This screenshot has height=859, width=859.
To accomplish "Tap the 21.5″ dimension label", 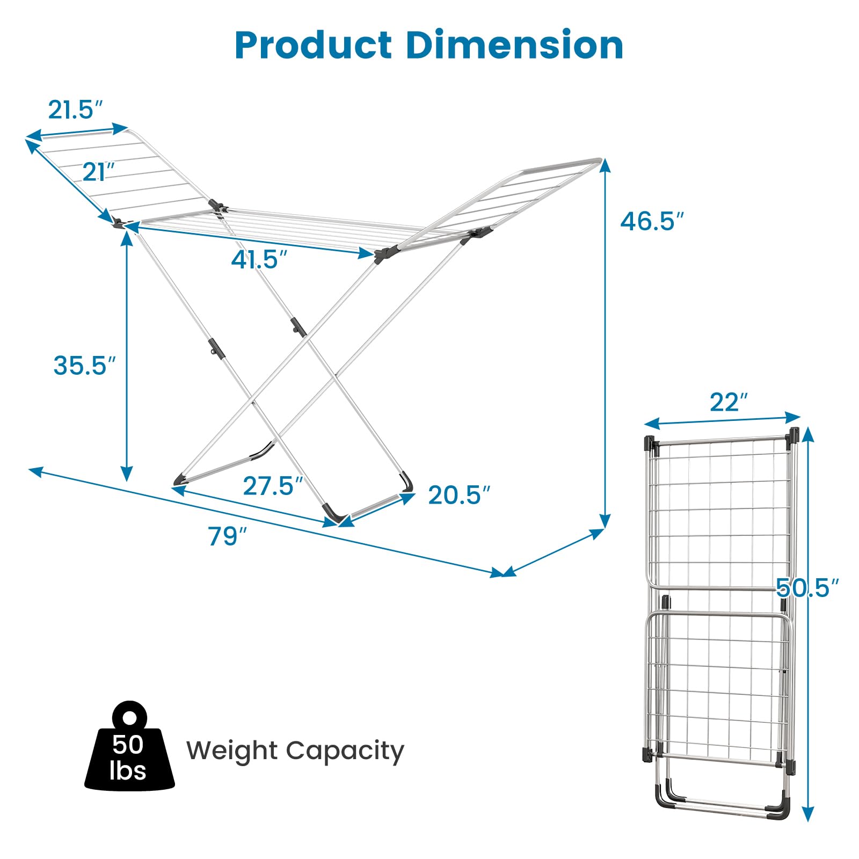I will [x=75, y=110].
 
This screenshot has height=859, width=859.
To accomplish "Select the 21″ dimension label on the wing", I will [x=98, y=172].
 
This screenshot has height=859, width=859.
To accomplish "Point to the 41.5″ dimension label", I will [x=259, y=260].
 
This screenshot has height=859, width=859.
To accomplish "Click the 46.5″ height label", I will [x=652, y=221].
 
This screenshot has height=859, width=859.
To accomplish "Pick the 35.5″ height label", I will [x=84, y=366].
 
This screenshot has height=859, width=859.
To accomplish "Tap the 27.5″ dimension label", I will [x=273, y=486].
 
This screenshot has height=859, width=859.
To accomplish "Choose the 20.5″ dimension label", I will [x=459, y=495].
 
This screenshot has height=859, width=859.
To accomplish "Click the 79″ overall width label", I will [x=227, y=536].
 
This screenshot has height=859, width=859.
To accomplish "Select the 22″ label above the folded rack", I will [x=729, y=403].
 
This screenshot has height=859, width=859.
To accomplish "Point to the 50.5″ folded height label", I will [x=807, y=588].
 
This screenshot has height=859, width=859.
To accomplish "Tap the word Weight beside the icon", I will [x=232, y=751].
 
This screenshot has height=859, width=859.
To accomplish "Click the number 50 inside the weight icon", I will [x=128, y=745].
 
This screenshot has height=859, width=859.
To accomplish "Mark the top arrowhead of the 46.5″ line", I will [x=605, y=164].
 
